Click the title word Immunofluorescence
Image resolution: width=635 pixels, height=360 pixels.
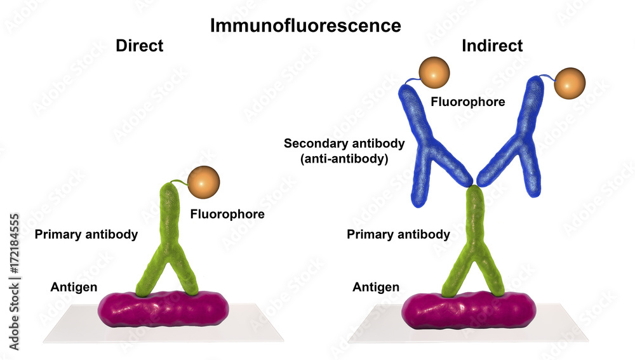coord(305,25)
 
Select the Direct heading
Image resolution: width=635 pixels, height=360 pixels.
coord(140,46)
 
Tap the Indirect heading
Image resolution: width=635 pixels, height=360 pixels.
coord(492,46)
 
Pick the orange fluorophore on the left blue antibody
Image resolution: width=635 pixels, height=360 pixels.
coord(434,74)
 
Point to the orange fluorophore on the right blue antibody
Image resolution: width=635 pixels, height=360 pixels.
coord(569,85)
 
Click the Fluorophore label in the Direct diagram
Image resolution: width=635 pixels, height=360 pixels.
coord(227,215)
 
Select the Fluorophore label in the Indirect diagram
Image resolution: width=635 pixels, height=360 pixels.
coord(467,102)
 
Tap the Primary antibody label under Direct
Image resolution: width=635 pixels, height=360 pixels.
coord(86,234)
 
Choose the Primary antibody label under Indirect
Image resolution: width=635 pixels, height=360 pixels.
coord(398,234)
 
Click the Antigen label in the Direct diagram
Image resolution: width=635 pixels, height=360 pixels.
coord(74,287)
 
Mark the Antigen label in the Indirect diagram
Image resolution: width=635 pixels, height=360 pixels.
coord(376,287)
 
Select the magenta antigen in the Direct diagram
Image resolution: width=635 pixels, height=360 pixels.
coord(163,309)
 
